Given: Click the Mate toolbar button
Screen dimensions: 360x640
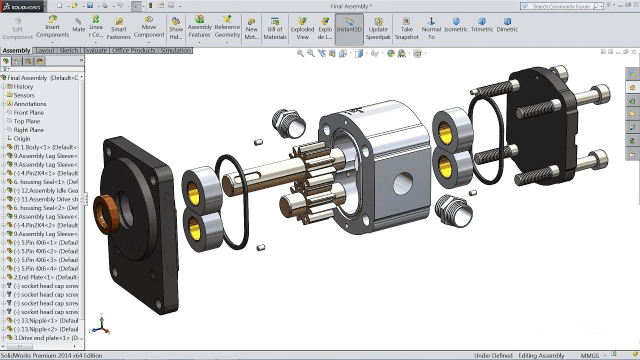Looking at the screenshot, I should pyautogui.click(x=78, y=25).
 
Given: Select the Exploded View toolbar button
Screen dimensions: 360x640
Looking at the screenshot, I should pyautogui.click(x=302, y=28).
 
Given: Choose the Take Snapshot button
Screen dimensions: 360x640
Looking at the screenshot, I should pyautogui.click(x=406, y=28).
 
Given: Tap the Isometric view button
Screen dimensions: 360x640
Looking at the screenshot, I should pyautogui.click(x=456, y=25).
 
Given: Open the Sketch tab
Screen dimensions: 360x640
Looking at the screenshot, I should pyautogui.click(x=68, y=50).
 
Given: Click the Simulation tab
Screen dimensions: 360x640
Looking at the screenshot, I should pyautogui.click(x=175, y=50).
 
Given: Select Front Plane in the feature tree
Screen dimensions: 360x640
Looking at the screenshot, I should pyautogui.click(x=28, y=112).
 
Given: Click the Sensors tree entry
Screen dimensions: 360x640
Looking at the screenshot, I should pyautogui.click(x=24, y=95).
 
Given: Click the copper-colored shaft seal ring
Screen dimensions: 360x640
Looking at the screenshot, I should pyautogui.click(x=104, y=214).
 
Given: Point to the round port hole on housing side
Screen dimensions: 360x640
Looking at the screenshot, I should pyautogui.click(x=403, y=183).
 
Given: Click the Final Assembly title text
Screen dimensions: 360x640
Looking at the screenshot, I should pyautogui.click(x=351, y=6).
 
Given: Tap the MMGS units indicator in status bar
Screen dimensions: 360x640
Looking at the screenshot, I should pyautogui.click(x=589, y=355).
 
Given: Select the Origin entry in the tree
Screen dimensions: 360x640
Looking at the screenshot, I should pyautogui.click(x=22, y=138).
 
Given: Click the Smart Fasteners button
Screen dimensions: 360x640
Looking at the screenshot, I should pyautogui.click(x=118, y=29).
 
